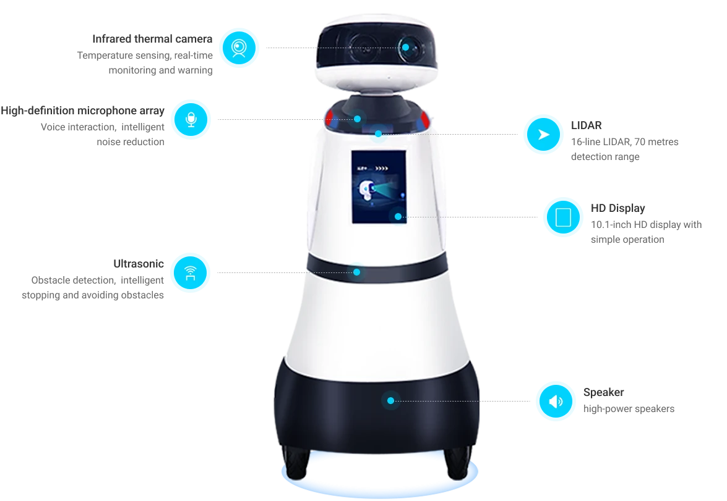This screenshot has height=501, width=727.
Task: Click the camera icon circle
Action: tap(239, 48)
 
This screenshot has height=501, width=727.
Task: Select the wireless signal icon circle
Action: tap(190, 272)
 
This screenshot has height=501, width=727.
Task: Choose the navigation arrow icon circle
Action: tap(543, 134)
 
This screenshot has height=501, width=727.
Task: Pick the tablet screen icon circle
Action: tap(562, 217)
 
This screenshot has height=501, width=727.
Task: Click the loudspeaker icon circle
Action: tap(556, 401)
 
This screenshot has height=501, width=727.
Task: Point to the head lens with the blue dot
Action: tap(406, 47)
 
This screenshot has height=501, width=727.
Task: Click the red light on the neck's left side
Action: tap(329, 117)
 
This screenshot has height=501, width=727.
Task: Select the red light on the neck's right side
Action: tap(424, 117)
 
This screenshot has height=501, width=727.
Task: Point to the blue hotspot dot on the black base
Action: tap(390, 400)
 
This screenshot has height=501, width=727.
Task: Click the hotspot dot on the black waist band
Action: tap(356, 272)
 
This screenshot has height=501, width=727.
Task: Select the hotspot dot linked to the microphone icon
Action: tap(358, 118)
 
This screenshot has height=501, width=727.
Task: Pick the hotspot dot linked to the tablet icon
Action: tap(398, 217)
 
